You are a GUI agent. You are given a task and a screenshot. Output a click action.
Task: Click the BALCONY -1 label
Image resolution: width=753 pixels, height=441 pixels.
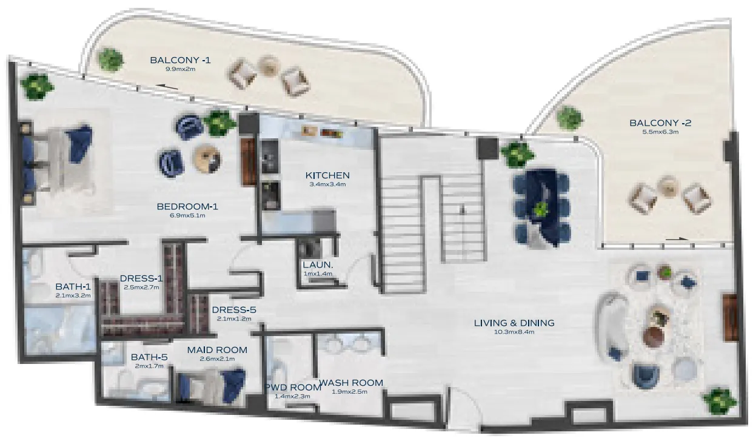pos(173,59)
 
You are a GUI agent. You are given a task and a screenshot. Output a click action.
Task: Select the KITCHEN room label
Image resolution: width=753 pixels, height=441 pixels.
pos(327,175)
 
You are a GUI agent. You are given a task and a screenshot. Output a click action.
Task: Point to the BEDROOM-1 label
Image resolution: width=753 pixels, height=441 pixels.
pos(187,206)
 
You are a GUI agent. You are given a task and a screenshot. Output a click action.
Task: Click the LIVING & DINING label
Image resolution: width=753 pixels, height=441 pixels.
pos(514,323)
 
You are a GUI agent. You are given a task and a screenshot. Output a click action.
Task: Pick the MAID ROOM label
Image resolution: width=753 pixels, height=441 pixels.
pos(217,350)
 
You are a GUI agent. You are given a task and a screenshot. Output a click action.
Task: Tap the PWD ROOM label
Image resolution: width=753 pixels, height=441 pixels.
pos(292,388)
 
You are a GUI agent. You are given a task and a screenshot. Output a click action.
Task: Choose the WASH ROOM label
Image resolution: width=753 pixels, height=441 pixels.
pos(351,383)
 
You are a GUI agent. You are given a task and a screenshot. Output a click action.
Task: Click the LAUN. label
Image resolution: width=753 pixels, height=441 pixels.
pos(318,265)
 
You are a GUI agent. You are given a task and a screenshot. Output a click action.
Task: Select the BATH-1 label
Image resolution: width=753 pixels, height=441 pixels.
pos(73,286)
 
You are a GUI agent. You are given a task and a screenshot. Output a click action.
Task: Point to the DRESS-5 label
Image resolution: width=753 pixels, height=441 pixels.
pos(234,310)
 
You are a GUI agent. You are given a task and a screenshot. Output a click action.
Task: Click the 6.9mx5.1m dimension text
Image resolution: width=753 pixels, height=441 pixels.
pos(187,215)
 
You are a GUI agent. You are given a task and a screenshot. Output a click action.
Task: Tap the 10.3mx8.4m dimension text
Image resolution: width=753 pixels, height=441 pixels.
pos(514,332)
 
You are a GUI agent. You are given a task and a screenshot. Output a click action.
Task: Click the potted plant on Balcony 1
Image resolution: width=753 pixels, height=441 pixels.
pos(110,59)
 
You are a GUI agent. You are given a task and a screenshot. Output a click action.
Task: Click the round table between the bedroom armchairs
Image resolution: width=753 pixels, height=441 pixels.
pos(206,158)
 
